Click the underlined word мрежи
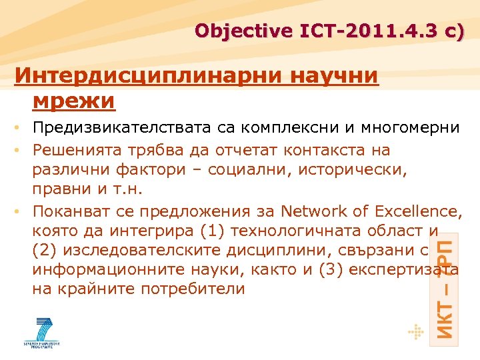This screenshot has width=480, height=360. [x=73, y=101]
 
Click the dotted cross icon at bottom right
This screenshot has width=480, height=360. [x=416, y=331]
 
